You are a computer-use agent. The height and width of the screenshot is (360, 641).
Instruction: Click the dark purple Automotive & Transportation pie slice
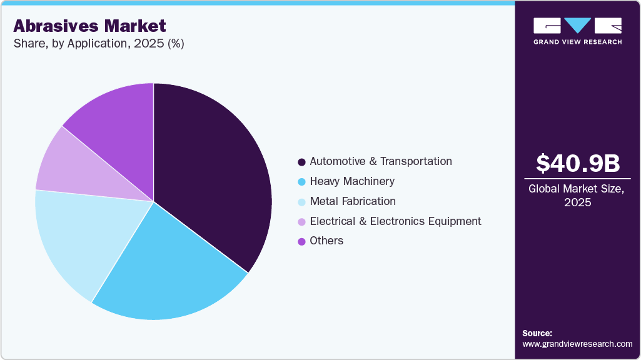[x=213, y=175]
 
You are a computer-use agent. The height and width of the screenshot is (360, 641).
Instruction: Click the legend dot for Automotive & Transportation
[x=301, y=162]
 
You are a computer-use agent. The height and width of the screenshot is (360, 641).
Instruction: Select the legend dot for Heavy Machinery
[x=301, y=182]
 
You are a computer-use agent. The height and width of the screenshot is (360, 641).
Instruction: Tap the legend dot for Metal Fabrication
[x=301, y=202]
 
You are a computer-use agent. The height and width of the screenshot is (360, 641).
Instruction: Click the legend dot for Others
[x=301, y=241]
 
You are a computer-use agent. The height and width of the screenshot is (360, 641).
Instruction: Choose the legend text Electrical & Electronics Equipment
[x=395, y=221]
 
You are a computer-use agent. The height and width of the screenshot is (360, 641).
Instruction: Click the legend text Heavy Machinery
[x=352, y=181]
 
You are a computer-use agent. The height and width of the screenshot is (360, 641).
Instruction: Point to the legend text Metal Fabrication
[x=353, y=201]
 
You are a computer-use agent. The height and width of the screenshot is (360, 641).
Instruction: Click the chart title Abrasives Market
[x=89, y=26]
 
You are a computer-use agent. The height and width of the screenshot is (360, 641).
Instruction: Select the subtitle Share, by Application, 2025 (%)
[x=98, y=44]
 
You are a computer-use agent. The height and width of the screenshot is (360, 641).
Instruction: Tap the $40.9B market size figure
[x=578, y=163]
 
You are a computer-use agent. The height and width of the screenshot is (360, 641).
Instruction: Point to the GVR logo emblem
[x=577, y=26]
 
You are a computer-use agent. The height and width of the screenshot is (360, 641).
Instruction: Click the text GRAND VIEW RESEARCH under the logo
[x=577, y=42]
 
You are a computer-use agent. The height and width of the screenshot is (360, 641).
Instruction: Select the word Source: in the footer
[x=537, y=333]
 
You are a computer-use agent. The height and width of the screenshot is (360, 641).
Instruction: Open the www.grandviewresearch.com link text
[x=577, y=344]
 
